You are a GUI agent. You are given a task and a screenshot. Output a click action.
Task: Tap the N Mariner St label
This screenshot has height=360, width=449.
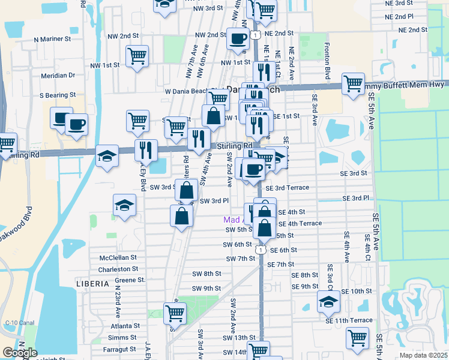tap(53, 38)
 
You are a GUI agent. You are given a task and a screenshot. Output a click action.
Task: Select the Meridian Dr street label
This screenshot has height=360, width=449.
tap(58, 76)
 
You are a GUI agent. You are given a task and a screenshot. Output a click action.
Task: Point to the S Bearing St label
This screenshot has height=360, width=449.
tap(58, 95)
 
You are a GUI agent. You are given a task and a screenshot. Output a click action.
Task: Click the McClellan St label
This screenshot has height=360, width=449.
tap(119, 257)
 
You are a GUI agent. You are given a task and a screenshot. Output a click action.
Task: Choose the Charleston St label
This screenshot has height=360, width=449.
tap(118, 269)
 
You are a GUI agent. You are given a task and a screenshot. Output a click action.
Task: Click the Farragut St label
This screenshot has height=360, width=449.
tap(121, 349)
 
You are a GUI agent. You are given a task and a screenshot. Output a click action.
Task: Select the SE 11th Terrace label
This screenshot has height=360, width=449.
tap(349, 320)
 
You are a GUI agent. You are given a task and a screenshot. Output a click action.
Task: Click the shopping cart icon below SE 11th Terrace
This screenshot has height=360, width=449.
tap(357, 337)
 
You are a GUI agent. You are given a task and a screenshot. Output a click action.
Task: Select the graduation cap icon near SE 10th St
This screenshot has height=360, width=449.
tap(328, 302)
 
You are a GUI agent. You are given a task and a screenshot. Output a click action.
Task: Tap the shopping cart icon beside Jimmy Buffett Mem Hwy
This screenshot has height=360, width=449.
tap(353, 82)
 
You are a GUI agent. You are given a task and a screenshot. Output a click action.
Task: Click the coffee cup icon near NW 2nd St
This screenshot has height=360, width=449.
tap(237, 39)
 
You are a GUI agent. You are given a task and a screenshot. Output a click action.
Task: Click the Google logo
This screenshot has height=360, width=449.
tap(20, 353)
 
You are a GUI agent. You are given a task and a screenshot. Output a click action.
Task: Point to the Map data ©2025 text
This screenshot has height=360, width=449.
tap(423, 355)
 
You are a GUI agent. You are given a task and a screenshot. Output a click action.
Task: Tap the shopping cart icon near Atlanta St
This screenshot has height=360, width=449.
tap(175, 313)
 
